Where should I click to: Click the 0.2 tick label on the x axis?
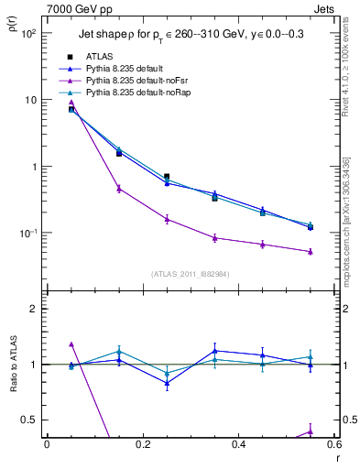[x=142, y=444]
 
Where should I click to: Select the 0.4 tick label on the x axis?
[x=238, y=444]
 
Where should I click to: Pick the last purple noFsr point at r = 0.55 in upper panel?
[x=311, y=251]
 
